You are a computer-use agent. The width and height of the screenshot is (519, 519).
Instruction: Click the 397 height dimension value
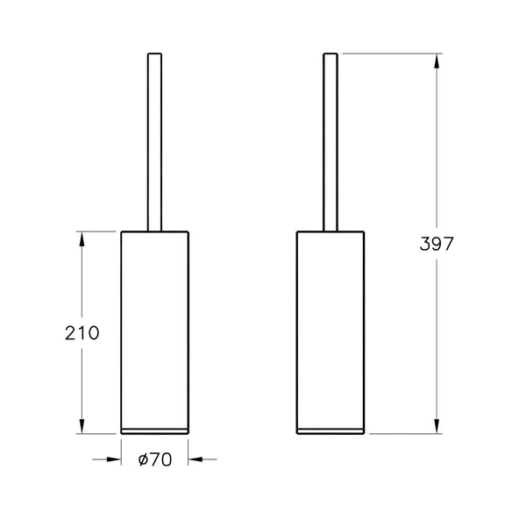437,244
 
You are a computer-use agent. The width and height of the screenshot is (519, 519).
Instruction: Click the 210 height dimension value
82,333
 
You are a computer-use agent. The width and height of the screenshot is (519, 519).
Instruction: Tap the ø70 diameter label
154,458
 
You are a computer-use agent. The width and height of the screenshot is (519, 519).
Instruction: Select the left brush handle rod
154,140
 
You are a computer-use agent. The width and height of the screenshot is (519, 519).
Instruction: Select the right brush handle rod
331,140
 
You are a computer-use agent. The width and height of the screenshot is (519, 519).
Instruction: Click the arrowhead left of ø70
115,458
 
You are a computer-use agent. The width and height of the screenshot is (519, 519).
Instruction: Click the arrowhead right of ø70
194,458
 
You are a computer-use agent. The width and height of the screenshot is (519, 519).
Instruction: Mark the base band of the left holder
154,430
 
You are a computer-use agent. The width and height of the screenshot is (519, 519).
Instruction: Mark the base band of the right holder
331,430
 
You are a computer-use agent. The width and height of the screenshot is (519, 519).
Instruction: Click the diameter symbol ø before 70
143,458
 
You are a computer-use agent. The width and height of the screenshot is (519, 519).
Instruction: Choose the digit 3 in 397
425,244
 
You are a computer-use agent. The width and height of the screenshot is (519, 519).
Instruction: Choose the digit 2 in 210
71,333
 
